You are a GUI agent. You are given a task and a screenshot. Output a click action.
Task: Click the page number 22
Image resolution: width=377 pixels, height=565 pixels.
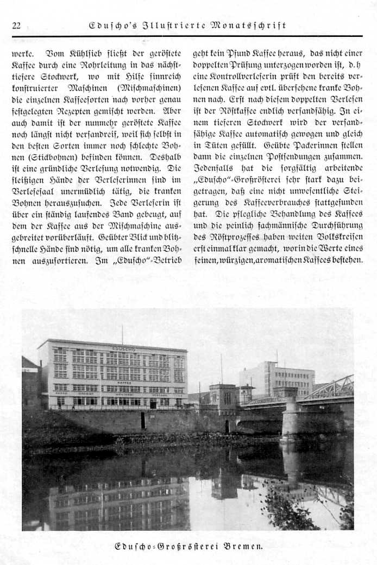coord(16,26)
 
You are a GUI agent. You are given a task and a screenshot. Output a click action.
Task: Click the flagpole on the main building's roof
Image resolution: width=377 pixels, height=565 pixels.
coord(122,334)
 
